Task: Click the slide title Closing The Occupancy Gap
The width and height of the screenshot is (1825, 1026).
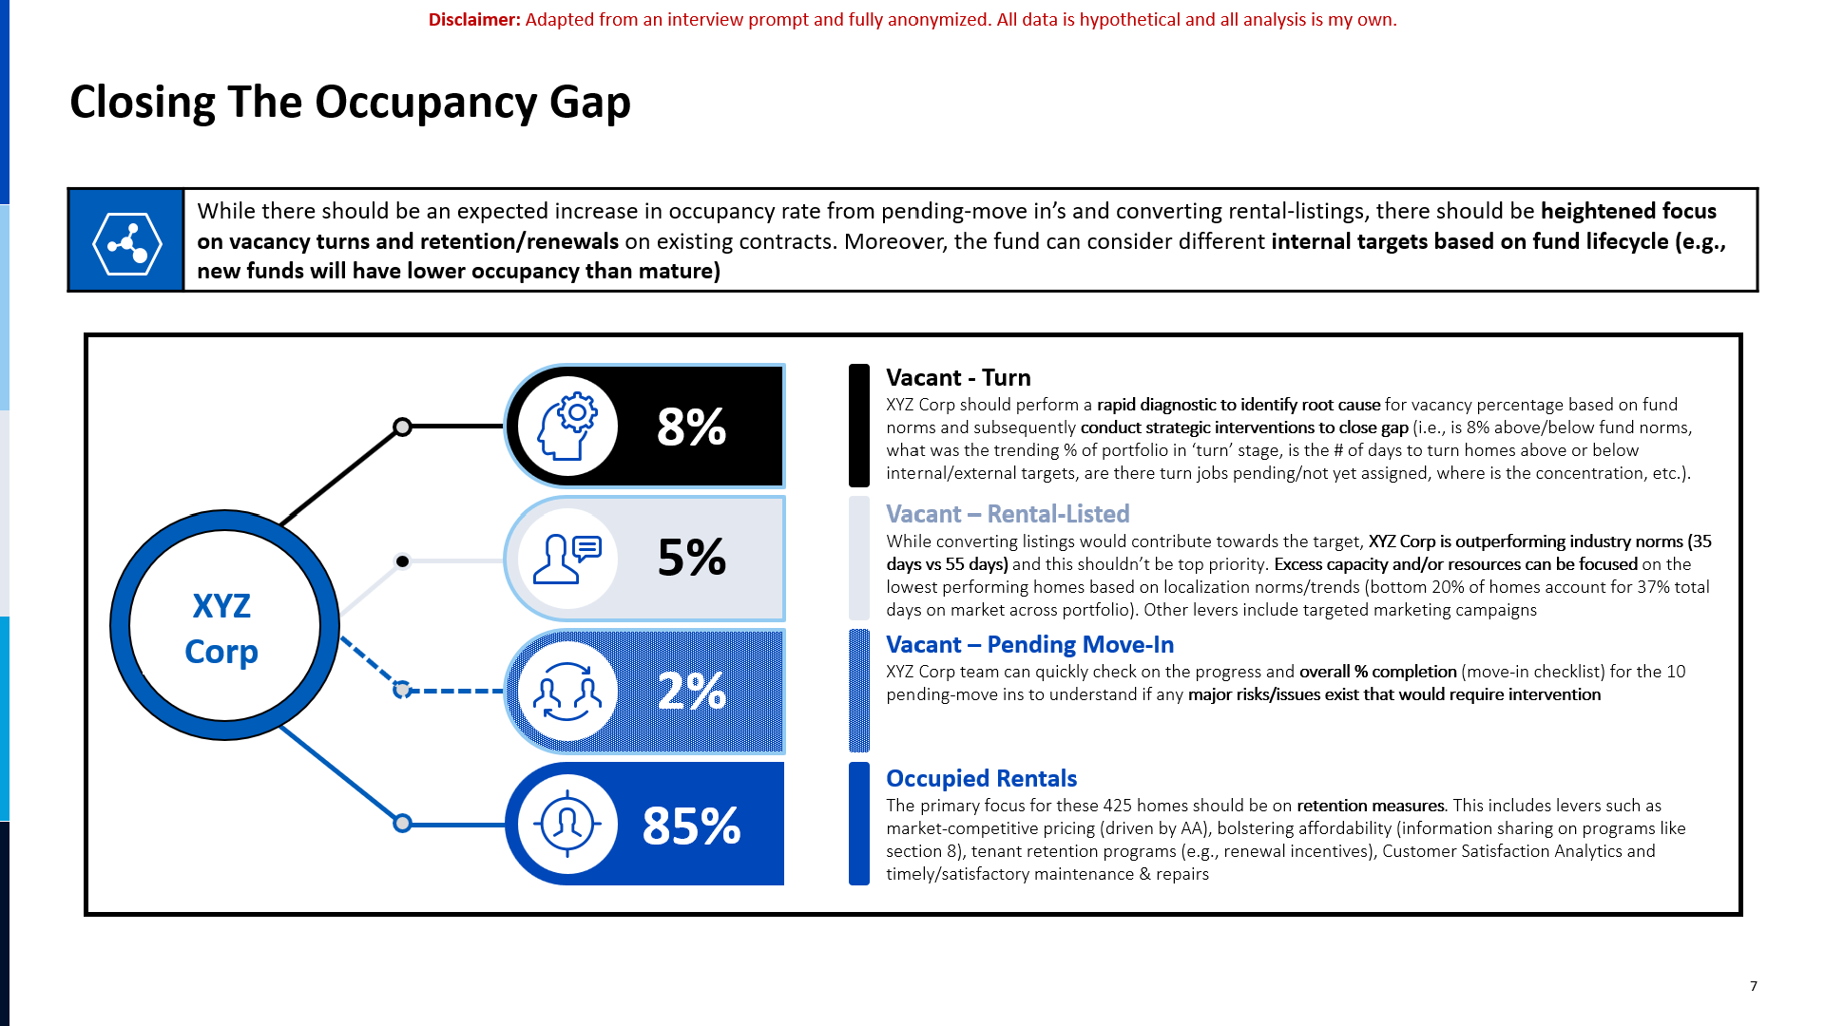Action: (x=350, y=104)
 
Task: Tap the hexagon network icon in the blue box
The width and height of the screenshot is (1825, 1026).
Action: (x=126, y=243)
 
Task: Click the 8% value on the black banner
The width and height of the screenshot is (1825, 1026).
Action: (x=691, y=427)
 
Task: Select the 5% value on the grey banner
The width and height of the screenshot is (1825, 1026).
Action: (x=691, y=558)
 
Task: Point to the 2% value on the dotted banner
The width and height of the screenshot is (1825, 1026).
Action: (x=691, y=692)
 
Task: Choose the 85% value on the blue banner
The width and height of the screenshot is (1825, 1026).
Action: (x=691, y=826)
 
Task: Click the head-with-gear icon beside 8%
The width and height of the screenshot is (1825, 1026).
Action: (x=567, y=426)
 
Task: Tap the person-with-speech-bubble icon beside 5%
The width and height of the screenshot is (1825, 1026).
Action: (x=567, y=558)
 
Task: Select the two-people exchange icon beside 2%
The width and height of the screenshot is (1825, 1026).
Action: (x=567, y=692)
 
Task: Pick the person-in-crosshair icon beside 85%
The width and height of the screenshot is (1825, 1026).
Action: (x=567, y=824)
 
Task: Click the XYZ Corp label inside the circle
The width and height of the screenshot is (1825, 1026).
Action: (x=221, y=629)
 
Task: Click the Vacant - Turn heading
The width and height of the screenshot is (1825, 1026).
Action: (x=958, y=378)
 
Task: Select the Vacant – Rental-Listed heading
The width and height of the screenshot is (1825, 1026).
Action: (x=1008, y=514)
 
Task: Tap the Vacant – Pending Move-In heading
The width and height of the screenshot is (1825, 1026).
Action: (x=1029, y=645)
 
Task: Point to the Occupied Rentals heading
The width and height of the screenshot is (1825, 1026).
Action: (x=981, y=779)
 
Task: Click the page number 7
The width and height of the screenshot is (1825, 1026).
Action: (x=1754, y=986)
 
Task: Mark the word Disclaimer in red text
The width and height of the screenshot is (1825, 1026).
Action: (x=474, y=20)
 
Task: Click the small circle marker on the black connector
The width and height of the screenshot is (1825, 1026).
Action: (x=402, y=427)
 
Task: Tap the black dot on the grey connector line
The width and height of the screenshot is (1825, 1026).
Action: (x=402, y=561)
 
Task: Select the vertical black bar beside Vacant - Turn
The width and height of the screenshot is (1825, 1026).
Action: (x=858, y=426)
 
